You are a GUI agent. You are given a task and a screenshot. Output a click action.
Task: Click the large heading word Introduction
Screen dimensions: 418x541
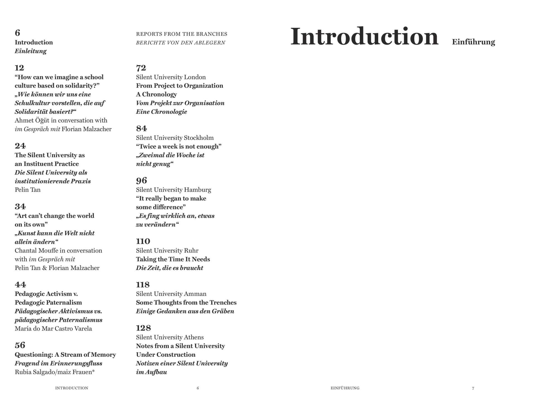click(364, 37)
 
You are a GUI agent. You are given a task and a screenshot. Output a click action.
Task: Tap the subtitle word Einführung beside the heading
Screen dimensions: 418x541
click(473, 42)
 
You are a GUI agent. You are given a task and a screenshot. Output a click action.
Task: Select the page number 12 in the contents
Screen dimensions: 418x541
click(20, 68)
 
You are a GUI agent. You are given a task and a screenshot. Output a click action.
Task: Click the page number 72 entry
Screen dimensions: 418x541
click(141, 68)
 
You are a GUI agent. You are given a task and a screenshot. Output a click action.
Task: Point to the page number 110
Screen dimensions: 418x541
click(143, 241)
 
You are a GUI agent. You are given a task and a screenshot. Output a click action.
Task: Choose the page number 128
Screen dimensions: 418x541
click(143, 328)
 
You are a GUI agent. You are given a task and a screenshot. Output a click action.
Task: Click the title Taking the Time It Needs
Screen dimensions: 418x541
click(173, 259)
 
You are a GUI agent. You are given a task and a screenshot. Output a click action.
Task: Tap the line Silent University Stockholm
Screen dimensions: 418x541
click(175, 138)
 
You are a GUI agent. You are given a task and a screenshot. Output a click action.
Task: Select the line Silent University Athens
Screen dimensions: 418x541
click(170, 337)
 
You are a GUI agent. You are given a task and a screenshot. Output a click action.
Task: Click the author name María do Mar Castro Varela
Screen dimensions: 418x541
click(53, 329)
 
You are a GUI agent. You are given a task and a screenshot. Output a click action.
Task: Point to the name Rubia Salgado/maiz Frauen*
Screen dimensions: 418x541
click(55, 372)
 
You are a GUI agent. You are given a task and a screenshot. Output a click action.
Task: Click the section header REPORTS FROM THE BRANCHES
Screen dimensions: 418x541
click(181, 34)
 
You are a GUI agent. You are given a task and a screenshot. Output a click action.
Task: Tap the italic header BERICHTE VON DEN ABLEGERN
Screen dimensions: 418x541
click(181, 43)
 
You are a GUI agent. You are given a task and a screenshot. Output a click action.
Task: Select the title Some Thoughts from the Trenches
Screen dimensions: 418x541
click(186, 302)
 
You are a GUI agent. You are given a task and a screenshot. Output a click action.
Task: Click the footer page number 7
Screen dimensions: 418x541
click(473, 388)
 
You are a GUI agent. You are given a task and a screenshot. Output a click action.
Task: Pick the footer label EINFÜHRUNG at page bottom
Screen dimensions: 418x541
click(345, 388)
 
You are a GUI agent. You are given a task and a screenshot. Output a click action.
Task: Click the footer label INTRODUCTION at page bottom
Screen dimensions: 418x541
click(72, 388)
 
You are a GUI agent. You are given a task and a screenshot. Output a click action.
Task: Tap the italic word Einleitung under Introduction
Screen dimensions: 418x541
click(31, 51)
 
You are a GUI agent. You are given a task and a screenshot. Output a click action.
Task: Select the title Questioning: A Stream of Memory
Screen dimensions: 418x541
click(65, 354)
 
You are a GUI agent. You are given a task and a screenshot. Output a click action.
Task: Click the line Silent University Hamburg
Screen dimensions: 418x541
click(173, 190)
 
